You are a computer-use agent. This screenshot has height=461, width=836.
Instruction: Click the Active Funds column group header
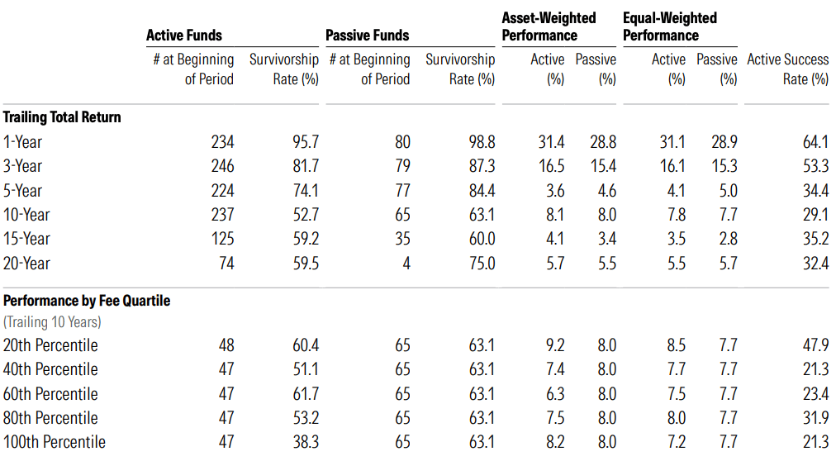tap(183, 36)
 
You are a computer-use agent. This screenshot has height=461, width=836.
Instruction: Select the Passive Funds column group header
tap(367, 36)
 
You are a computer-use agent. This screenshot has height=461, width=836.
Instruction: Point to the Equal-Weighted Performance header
tap(669, 26)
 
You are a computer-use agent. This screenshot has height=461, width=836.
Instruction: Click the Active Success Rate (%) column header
tap(787, 69)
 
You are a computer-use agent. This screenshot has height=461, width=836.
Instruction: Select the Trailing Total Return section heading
tap(62, 117)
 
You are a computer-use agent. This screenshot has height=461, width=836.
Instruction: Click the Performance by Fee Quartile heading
tap(87, 301)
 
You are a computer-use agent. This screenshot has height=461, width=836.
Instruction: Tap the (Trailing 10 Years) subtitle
tap(52, 322)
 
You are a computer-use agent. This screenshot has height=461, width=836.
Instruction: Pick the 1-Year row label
tap(23, 142)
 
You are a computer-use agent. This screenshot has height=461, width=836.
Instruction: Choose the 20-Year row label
tap(26, 264)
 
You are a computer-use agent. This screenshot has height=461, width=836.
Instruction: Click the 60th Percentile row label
tap(50, 393)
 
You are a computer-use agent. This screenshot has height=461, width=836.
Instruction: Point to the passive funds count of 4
tap(406, 264)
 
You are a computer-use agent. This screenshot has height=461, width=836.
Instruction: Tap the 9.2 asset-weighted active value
tap(554, 345)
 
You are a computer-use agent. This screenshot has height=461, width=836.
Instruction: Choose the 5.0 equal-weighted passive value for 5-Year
tap(727, 191)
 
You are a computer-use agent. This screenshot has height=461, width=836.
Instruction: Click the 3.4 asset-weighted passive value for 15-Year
tap(606, 239)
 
